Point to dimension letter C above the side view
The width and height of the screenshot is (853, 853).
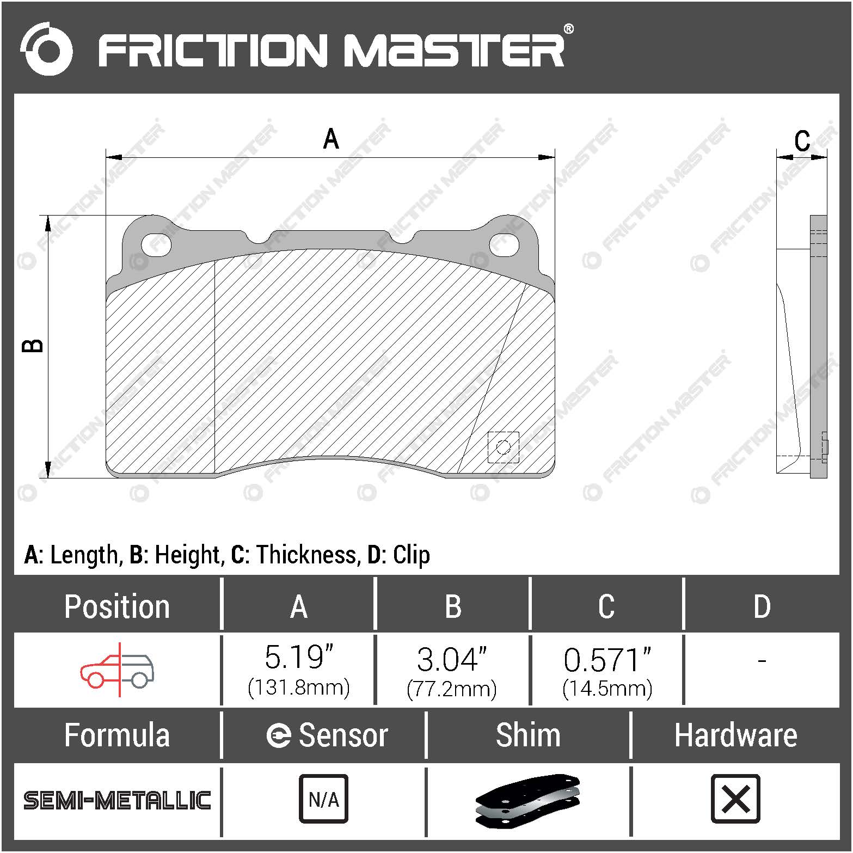[x=802, y=141]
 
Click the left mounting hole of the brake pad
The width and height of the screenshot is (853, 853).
[x=156, y=245]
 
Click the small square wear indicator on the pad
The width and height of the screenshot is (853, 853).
[x=503, y=447]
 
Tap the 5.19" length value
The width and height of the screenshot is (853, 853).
[x=298, y=658]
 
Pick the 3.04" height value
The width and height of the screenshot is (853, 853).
[x=451, y=659]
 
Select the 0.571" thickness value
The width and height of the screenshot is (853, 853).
[x=607, y=659]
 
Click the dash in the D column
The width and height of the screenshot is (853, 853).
[x=762, y=660]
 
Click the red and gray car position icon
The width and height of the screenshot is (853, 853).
[x=117, y=670]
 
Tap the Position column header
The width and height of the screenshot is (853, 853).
[x=117, y=606]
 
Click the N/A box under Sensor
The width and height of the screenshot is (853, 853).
[x=323, y=799]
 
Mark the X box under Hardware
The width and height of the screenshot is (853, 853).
[x=735, y=799]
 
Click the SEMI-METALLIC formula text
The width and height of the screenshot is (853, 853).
[x=117, y=800]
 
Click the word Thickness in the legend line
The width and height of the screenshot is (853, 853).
[x=307, y=555]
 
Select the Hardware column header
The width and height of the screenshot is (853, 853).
[x=735, y=735]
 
